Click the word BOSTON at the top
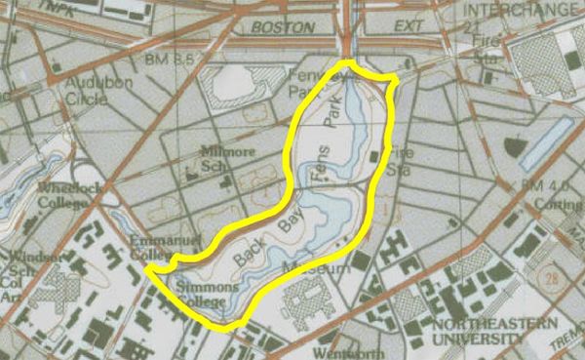tap(276, 28)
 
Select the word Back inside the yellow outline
tap(248, 258)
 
